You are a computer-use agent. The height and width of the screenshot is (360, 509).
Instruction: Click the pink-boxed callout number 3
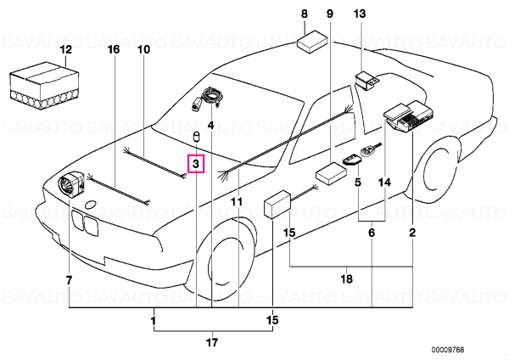point(196,164)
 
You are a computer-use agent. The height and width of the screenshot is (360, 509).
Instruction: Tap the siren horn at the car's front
point(71,183)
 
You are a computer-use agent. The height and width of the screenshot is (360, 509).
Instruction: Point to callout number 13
point(360,14)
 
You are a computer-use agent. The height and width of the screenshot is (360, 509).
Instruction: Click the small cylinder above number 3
point(196,138)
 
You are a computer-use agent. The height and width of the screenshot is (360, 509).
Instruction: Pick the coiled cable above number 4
point(209,98)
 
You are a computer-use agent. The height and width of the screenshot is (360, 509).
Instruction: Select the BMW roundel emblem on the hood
point(90,205)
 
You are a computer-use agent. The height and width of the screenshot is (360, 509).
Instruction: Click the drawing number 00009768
point(448,350)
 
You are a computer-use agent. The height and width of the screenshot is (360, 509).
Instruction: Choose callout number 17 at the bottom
point(212,342)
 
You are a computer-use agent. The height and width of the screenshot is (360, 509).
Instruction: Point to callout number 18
point(347,278)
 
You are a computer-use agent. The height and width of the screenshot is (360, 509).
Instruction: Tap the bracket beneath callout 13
point(366,82)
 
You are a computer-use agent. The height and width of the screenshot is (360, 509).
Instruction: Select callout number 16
point(114,49)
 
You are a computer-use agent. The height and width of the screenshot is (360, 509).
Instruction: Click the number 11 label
point(237,202)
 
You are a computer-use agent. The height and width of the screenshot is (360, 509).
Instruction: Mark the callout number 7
point(69,280)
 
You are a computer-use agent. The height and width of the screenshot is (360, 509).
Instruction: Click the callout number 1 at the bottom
point(154,321)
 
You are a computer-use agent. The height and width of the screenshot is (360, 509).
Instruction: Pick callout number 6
point(372,233)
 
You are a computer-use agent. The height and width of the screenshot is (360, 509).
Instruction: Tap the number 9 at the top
point(330,14)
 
